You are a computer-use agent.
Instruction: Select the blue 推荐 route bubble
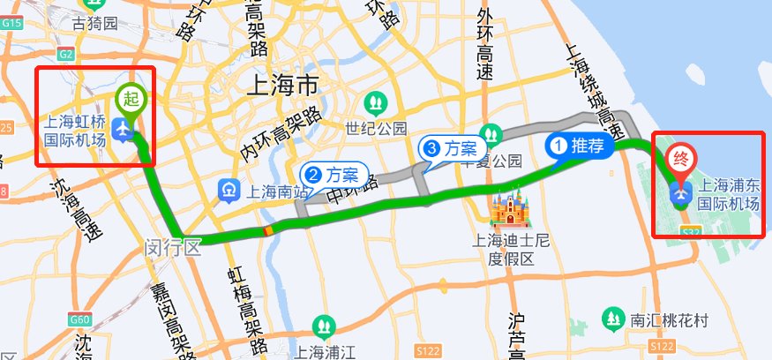[x=578, y=146]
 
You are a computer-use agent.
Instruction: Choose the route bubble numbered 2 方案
[x=329, y=174]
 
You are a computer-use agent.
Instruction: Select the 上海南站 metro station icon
[x=229, y=190]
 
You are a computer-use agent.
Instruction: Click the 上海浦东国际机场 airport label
[x=729, y=196]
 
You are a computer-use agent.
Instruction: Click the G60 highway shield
[x=79, y=319]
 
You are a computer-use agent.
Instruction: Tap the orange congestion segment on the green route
[x=265, y=231]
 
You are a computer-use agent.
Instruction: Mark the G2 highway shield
[x=67, y=54]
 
